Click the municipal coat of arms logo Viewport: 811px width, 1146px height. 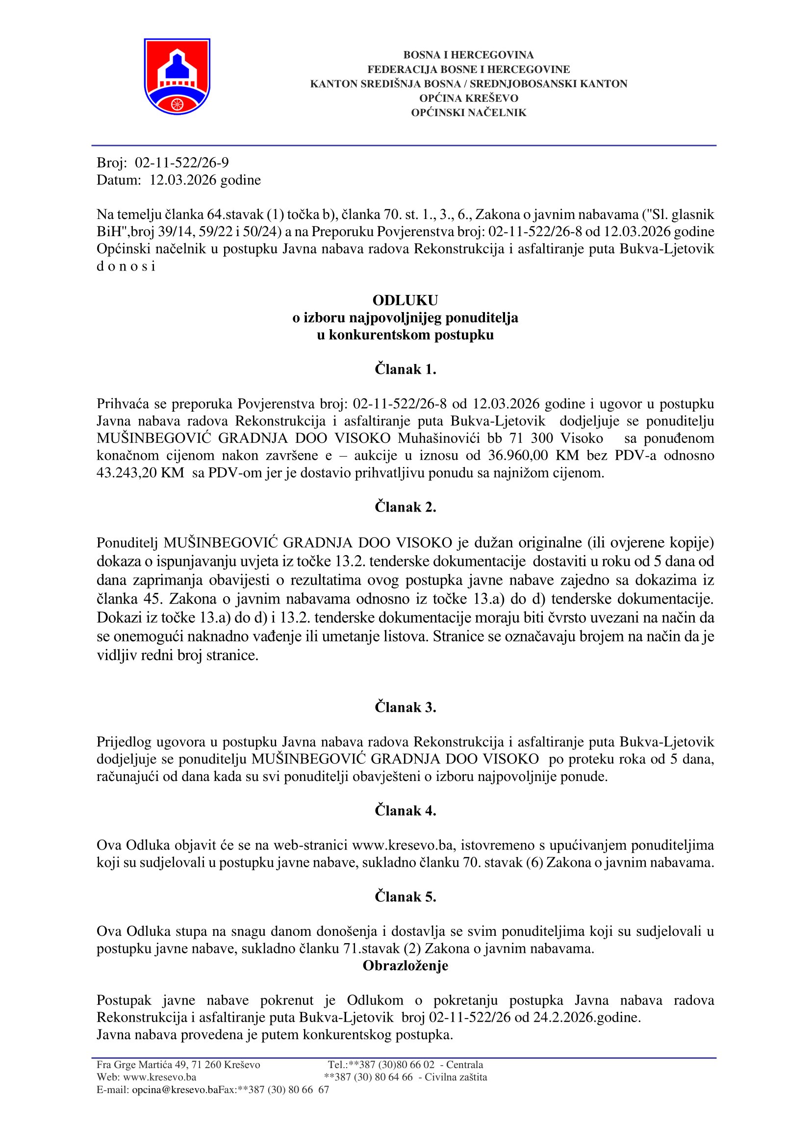pos(177,76)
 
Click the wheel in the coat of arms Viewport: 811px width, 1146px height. pos(177,104)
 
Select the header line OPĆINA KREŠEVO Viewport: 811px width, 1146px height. pos(468,98)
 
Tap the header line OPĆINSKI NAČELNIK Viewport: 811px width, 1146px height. pos(468,113)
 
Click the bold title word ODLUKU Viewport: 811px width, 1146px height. pos(405,300)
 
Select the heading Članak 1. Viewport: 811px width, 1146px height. pos(405,369)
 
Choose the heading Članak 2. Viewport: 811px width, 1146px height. pos(405,508)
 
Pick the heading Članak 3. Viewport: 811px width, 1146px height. pos(405,708)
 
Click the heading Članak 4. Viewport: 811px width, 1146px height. pos(405,811)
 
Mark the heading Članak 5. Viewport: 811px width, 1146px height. pos(405,897)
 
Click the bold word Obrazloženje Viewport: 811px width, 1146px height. pos(405,966)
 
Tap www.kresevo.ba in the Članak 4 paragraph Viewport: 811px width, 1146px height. pos(404,846)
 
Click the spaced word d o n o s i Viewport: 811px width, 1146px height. pos(126,267)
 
